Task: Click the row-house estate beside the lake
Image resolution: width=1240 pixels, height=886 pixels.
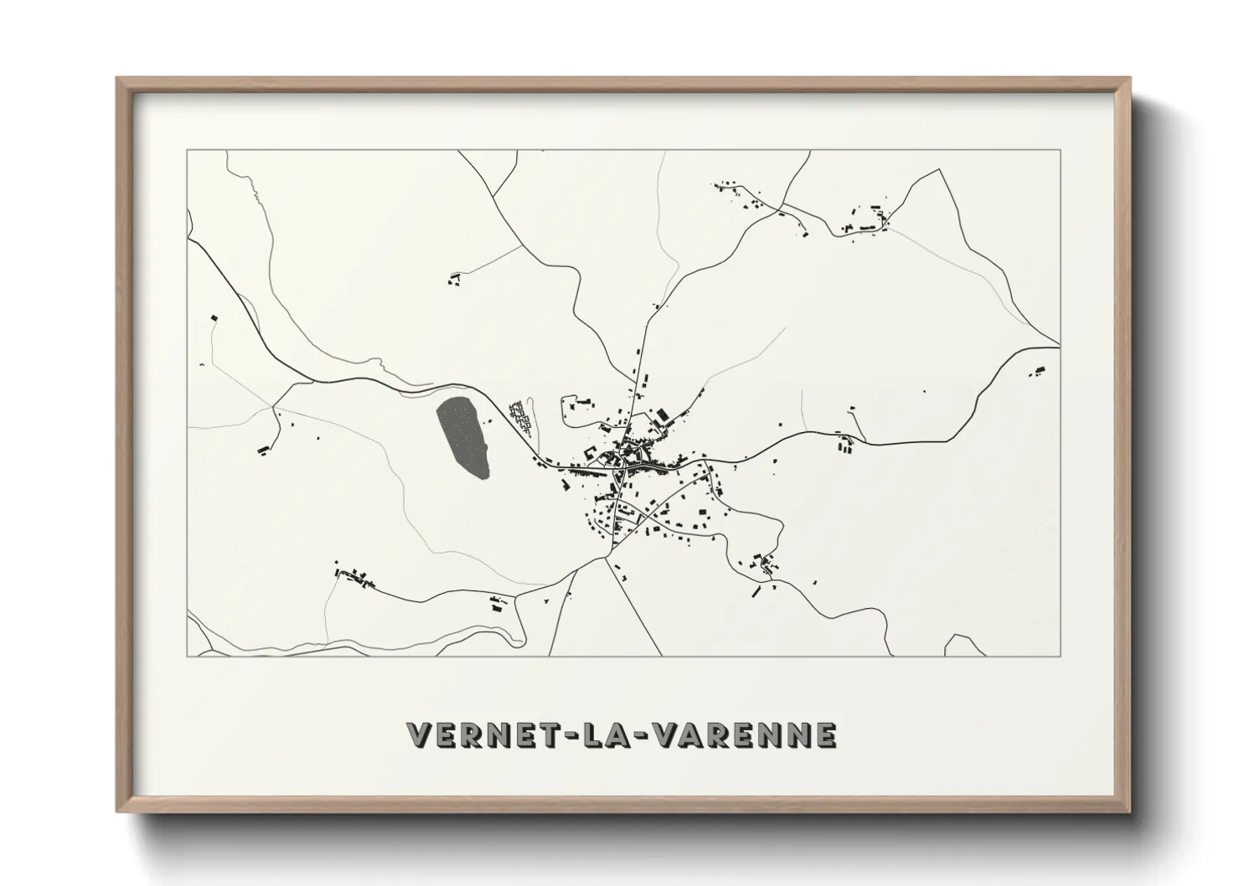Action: [522, 416]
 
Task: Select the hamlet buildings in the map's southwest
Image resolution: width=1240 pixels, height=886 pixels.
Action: [354, 576]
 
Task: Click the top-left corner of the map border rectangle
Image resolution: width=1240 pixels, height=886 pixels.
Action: [187, 150]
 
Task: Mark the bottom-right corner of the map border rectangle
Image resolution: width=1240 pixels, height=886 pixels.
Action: [1061, 656]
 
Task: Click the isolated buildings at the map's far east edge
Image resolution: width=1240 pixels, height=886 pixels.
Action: [1040, 370]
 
